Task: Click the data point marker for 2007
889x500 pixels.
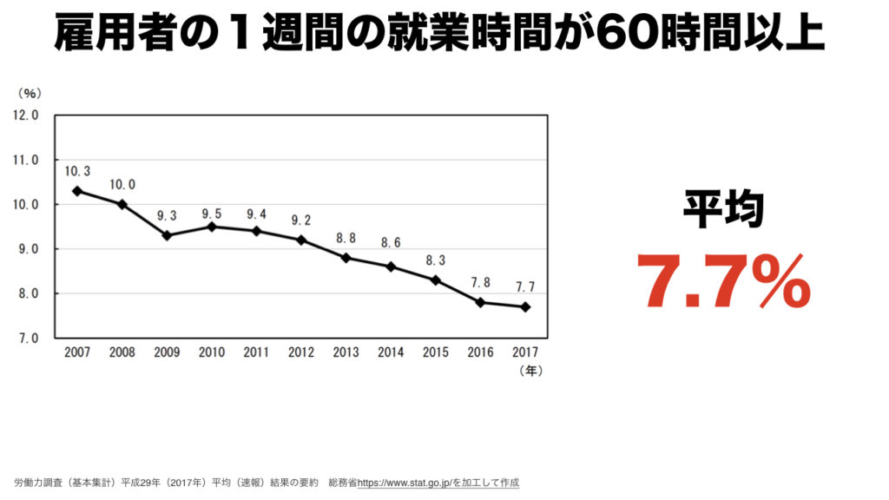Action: coord(77,191)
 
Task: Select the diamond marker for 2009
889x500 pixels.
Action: coord(167,235)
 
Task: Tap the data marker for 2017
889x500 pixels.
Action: coord(525,306)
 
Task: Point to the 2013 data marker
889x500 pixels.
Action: coord(346,258)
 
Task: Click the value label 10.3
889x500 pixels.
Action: coord(77,171)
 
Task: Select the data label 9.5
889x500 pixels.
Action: coord(212,213)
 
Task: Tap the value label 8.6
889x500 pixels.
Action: coord(391,244)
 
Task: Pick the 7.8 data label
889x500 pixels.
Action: coord(480,282)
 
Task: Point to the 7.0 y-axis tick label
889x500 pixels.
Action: coord(26,339)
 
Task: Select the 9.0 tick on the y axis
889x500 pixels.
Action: coord(26,249)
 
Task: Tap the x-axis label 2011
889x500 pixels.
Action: coord(256,352)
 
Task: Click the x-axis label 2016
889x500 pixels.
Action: coord(480,352)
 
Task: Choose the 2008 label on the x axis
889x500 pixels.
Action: coord(122,352)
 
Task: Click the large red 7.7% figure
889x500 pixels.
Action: coord(723,281)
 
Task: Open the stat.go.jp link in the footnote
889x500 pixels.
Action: coord(413,482)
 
